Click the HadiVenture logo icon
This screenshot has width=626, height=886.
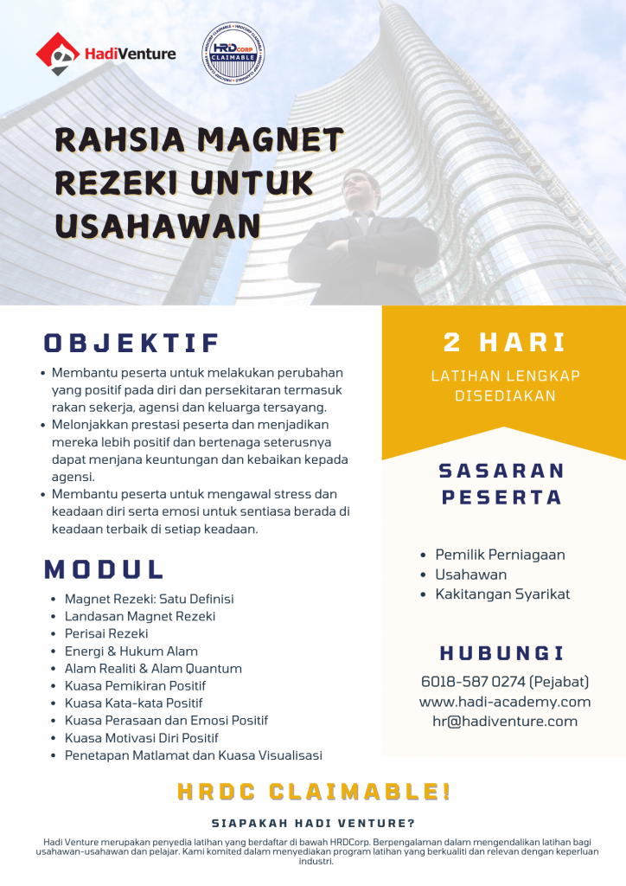pyautogui.click(x=57, y=54)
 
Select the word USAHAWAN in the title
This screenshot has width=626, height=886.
pyautogui.click(x=157, y=225)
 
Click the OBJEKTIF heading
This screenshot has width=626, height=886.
pyautogui.click(x=132, y=343)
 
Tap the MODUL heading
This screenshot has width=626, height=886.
pyautogui.click(x=105, y=568)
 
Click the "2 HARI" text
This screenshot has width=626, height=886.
pyautogui.click(x=504, y=342)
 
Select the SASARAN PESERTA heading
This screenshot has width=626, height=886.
pyautogui.click(x=501, y=484)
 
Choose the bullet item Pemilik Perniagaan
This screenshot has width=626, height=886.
pyautogui.click(x=500, y=555)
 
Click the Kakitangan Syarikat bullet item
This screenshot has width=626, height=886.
pyautogui.click(x=501, y=594)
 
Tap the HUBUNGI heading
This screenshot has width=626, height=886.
pyautogui.click(x=501, y=653)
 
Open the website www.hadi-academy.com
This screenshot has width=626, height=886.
pyautogui.click(x=504, y=702)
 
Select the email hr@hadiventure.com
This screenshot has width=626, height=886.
pyautogui.click(x=504, y=722)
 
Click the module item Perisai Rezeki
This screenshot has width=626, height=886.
pyautogui.click(x=106, y=633)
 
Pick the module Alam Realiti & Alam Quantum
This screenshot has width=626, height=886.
pyautogui.click(x=153, y=668)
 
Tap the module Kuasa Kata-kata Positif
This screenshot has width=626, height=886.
pyautogui.click(x=133, y=703)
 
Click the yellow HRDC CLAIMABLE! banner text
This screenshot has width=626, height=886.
pyautogui.click(x=313, y=791)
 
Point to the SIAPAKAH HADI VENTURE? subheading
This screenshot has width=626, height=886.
pyautogui.click(x=313, y=824)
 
